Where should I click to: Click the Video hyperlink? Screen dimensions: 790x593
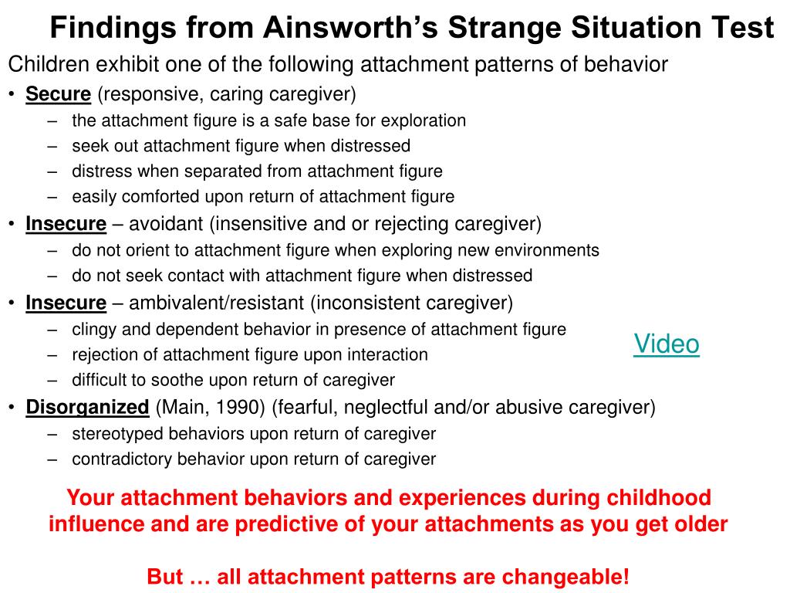pyautogui.click(x=666, y=344)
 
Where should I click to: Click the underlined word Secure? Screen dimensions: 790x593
pyautogui.click(x=59, y=93)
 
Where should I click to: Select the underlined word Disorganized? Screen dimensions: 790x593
pyautogui.click(x=87, y=407)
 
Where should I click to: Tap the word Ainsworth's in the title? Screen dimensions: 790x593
pyautogui.click(x=351, y=27)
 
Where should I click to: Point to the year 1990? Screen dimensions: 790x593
pyautogui.click(x=240, y=408)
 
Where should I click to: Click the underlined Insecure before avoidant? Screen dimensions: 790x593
pyautogui.click(x=66, y=223)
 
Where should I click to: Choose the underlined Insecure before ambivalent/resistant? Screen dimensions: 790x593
pyautogui.click(x=66, y=303)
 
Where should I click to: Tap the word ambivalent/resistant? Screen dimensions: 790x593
pyautogui.click(x=217, y=303)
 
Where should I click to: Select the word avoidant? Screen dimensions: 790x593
pyautogui.click(x=166, y=223)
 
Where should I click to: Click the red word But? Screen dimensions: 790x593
pyautogui.click(x=165, y=576)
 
